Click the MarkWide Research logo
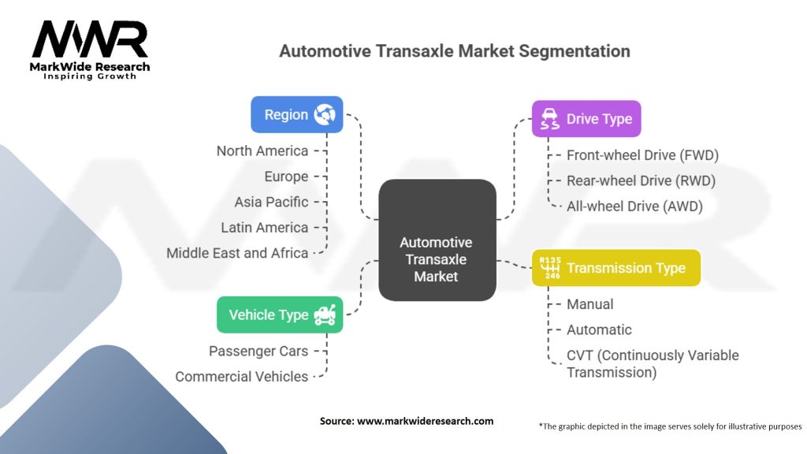89,49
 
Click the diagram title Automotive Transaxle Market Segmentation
455,51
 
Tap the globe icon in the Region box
324,115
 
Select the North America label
262,151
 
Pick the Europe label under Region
287,177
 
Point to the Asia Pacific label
271,202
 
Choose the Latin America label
264,228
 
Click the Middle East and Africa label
237,253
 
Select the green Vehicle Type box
280,314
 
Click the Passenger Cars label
258,351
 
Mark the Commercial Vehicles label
242,377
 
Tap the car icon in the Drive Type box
550,119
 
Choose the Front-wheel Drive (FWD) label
642,155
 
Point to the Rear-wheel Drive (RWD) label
641,180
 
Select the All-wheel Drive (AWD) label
634,207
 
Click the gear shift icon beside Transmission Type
549,268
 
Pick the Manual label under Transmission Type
589,304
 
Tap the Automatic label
599,329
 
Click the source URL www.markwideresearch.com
425,421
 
